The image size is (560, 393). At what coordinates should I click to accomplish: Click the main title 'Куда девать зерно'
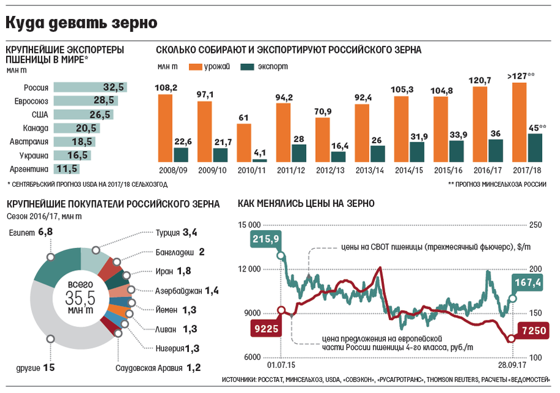[82, 23]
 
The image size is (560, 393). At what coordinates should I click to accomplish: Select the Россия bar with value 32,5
[90, 87]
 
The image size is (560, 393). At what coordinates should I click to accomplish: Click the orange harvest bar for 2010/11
[244, 142]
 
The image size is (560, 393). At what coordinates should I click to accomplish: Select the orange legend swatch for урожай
[196, 66]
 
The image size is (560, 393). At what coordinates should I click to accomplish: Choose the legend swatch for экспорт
[247, 66]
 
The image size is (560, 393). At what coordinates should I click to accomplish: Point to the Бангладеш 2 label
[180, 252]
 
